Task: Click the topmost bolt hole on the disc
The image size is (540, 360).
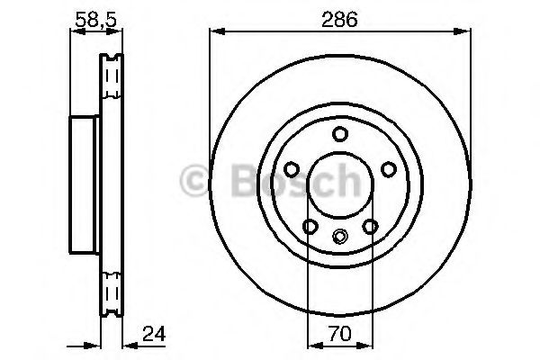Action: [339, 134]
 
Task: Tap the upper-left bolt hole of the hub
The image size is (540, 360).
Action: [292, 168]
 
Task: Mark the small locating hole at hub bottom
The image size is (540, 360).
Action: [339, 237]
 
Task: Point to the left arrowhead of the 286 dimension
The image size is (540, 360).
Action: [215, 33]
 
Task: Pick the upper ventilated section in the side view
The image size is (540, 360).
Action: [112, 85]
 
